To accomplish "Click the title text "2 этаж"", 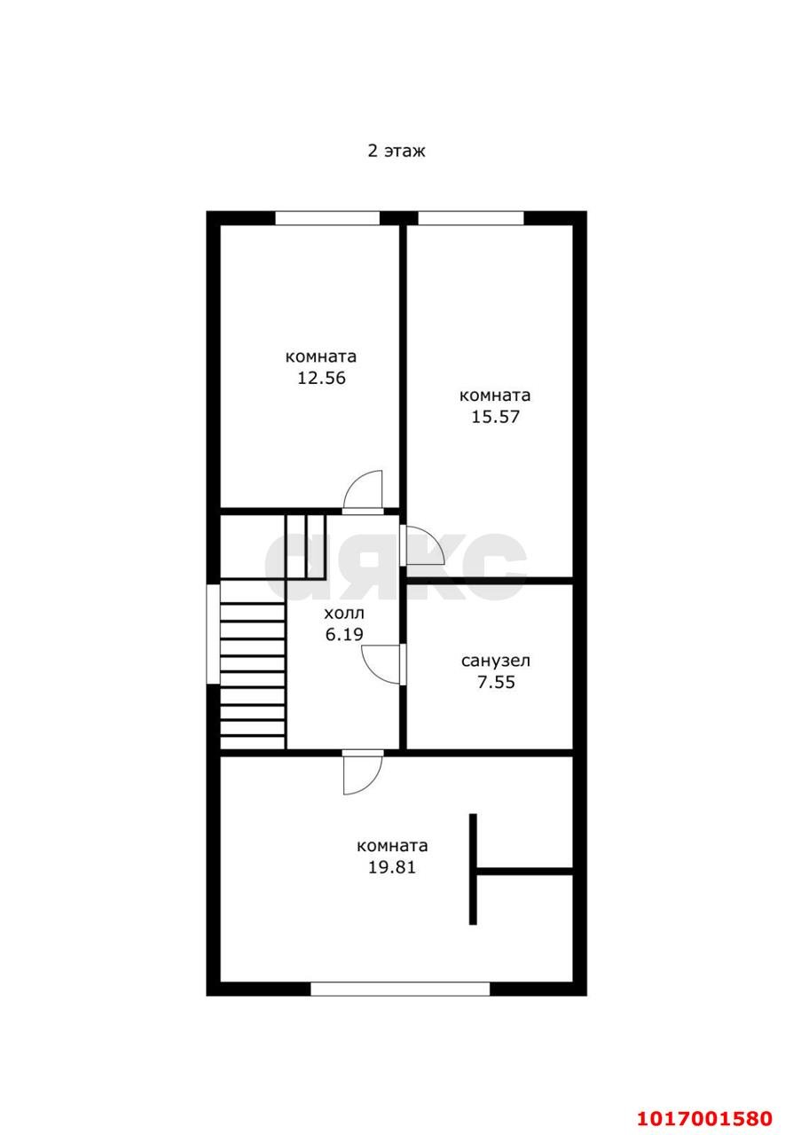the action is [x=396, y=151].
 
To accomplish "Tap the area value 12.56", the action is [x=321, y=378].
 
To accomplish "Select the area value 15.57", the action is [x=495, y=417].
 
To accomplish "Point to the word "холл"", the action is [x=344, y=614].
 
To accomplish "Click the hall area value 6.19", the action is [x=344, y=634].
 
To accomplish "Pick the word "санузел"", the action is [x=495, y=661].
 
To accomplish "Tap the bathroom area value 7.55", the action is [x=496, y=682].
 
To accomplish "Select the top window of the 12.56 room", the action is [x=327, y=218].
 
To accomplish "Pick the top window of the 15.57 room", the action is [x=470, y=218].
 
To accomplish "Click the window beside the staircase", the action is [x=213, y=634].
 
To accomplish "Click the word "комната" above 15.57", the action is [x=495, y=395].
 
